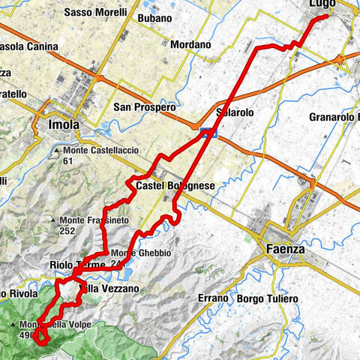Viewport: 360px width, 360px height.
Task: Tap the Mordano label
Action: tap(191, 45)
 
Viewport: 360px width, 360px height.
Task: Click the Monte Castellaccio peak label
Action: tap(100, 151)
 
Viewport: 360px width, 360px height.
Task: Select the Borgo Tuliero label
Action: tap(268, 298)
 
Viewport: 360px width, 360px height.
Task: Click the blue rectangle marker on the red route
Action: tap(208, 133)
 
